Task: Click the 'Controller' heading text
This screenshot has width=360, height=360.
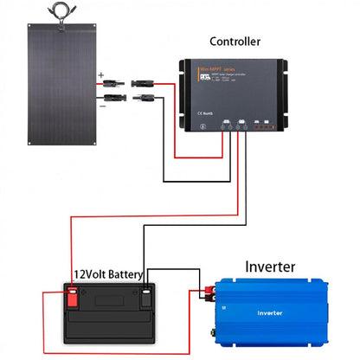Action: pyautogui.click(x=235, y=41)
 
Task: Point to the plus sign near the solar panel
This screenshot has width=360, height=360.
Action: pyautogui.click(x=101, y=76)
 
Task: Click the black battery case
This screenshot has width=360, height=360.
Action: pyautogui.click(x=108, y=320)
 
